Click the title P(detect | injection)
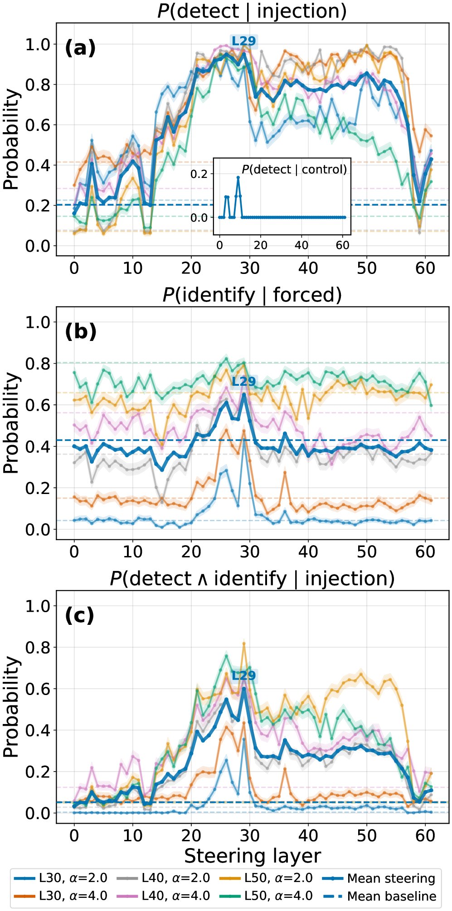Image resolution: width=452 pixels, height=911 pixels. click(252, 11)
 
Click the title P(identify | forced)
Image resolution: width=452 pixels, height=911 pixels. click(252, 295)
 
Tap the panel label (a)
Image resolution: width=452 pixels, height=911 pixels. click(80, 48)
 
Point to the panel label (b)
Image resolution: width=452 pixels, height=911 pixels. click(81, 331)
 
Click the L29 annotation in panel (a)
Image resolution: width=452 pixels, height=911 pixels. click(244, 41)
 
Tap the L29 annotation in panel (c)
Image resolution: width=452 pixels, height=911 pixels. click(244, 676)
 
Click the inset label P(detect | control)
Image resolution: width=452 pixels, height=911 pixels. click(294, 169)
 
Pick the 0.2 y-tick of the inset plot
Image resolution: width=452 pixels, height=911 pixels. click(199, 174)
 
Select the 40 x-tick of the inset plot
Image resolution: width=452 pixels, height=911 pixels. click(301, 245)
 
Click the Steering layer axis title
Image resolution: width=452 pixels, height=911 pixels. click(253, 856)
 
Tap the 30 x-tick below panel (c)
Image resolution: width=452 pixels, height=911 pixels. click(250, 835)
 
